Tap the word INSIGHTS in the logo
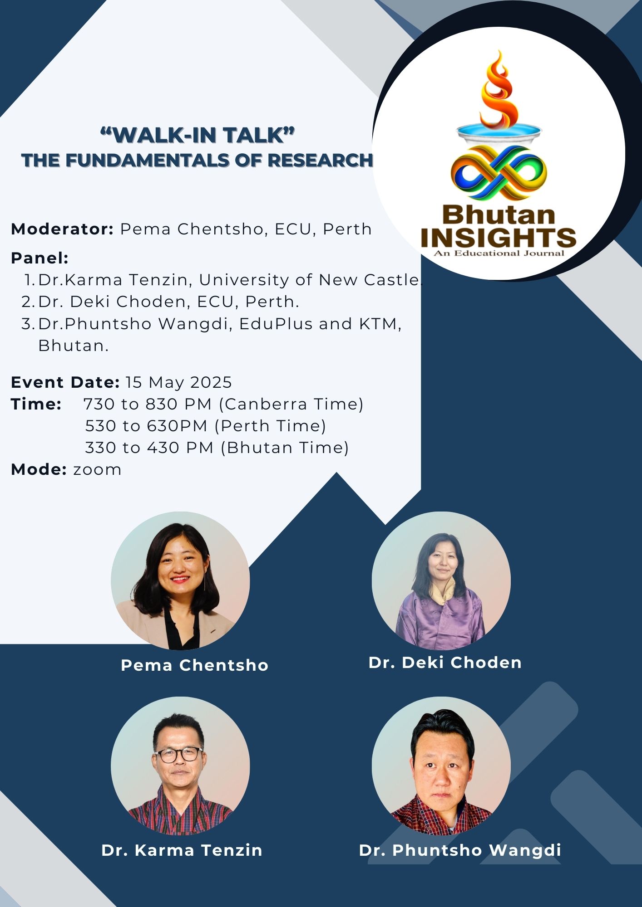(x=499, y=238)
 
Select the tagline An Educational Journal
(x=499, y=253)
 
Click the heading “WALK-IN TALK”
(x=198, y=135)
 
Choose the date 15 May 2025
(x=178, y=382)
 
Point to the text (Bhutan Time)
(x=285, y=448)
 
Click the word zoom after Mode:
(x=97, y=470)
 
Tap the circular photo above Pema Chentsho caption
(x=180, y=580)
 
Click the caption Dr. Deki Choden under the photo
(x=445, y=663)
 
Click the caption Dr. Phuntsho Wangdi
(x=460, y=850)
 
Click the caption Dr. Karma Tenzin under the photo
(x=182, y=850)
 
